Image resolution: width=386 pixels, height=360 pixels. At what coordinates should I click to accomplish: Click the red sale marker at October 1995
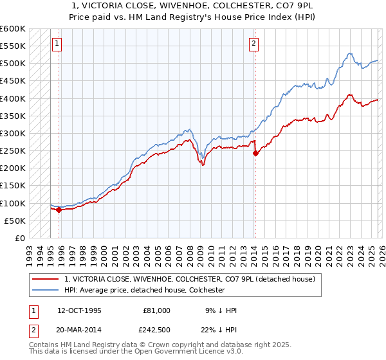coord(59,210)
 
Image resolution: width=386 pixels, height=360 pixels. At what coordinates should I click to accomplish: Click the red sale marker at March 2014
coord(255,153)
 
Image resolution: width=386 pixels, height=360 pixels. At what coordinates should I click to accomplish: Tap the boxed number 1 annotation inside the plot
coord(57,44)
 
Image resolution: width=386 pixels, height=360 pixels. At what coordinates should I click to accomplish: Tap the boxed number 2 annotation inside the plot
coord(253,44)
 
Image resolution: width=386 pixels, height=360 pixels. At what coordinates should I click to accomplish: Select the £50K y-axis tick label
coord(15,221)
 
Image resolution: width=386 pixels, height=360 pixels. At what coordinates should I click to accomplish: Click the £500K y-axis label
coord(13,64)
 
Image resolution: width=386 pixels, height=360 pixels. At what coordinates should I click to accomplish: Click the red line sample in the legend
coord(46,280)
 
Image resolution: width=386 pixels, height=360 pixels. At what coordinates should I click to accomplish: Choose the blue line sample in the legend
coord(46,291)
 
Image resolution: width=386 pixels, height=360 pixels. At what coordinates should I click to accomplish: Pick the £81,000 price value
coord(156,310)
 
